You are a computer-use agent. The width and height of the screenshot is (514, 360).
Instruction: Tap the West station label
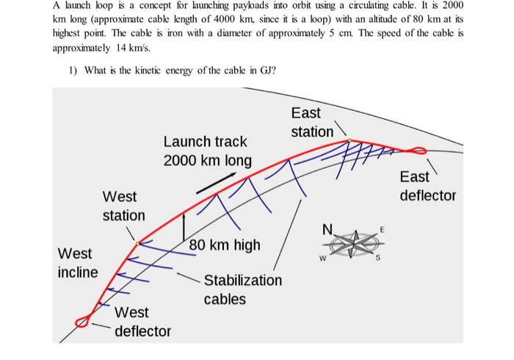point(123,206)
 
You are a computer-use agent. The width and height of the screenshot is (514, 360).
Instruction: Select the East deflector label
point(427,186)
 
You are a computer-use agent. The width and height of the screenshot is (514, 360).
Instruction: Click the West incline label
point(77,263)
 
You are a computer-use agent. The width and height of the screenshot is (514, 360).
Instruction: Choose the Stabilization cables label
point(242,289)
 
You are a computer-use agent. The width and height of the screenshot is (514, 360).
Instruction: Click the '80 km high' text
point(225,245)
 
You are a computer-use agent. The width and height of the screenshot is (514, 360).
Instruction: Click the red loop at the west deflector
point(82,321)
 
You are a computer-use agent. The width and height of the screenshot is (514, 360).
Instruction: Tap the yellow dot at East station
point(350,140)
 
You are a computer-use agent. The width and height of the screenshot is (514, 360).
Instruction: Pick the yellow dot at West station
point(138,242)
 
